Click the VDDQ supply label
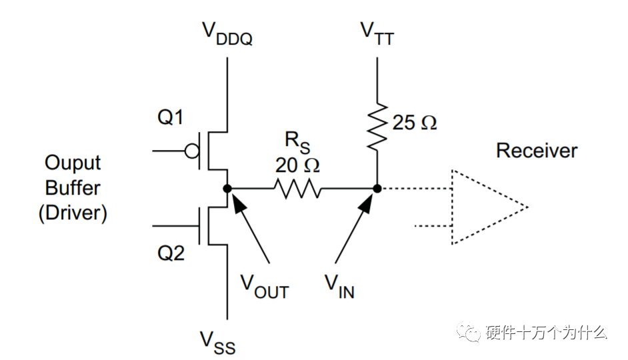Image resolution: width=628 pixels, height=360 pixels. tap(227, 33)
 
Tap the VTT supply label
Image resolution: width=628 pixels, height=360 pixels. tap(377, 33)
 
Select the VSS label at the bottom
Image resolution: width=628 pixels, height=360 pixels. tap(217, 343)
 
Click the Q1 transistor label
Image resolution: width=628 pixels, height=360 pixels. tap(170, 117)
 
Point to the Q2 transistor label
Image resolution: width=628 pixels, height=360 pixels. tap(171, 253)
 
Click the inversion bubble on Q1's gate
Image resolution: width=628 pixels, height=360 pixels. tap(192, 151)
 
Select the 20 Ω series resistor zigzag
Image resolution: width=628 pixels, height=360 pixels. tap(297, 188)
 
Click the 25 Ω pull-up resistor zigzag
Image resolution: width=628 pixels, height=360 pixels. tap(377, 126)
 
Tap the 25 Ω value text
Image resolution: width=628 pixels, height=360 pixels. tap(415, 123)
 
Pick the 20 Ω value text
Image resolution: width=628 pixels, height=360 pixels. tap(297, 165)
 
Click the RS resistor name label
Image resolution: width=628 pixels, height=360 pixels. tap(297, 142)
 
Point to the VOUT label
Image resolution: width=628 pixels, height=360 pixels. tap(265, 287)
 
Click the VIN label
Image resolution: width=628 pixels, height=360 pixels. tap(339, 287)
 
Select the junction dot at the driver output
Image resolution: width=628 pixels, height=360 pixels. tap(227, 188)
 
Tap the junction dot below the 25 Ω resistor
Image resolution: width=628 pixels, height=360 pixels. tap(377, 188)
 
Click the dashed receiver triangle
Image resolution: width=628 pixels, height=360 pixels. tap(452, 207)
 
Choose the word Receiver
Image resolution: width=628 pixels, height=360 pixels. tap(537, 151)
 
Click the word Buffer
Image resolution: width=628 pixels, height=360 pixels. tap(73, 188)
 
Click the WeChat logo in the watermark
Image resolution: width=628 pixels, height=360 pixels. tap(469, 332)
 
